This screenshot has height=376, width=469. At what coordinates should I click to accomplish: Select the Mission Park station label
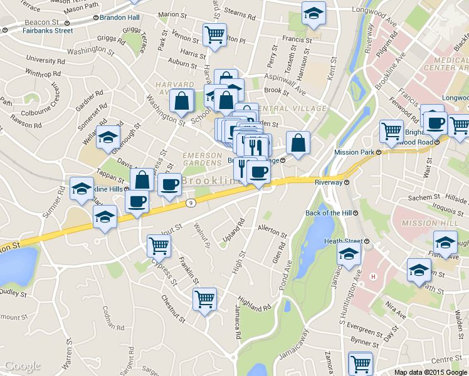[354, 152]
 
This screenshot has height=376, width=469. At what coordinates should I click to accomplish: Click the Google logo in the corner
[22, 366]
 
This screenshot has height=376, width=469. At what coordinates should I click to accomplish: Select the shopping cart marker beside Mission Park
[392, 132]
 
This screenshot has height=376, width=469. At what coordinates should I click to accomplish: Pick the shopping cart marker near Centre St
[361, 363]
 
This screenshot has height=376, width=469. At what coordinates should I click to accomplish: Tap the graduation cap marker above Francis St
[312, 14]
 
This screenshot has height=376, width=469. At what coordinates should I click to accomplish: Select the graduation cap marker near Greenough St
[108, 137]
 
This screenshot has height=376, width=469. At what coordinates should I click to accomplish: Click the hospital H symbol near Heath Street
[374, 276]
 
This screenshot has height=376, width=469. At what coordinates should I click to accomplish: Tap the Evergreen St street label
[365, 326]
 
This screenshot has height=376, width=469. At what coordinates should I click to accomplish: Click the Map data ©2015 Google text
[431, 372]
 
